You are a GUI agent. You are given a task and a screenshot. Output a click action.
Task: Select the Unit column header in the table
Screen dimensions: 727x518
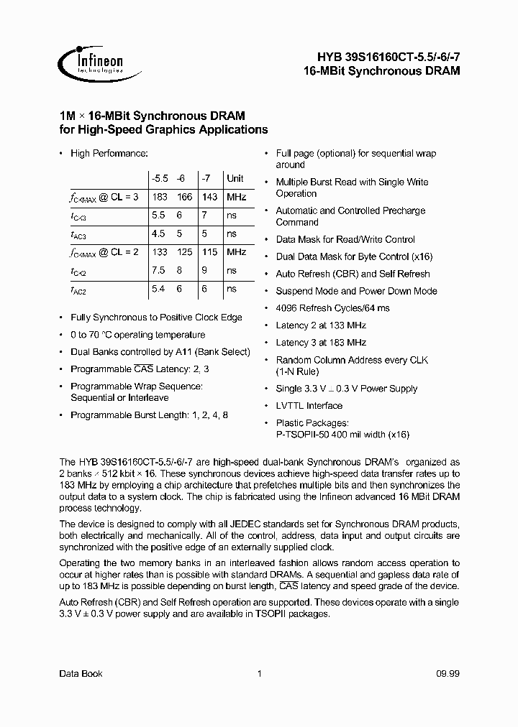pyautogui.click(x=235, y=179)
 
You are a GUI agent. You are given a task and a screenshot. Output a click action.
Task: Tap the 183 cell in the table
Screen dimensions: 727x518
pyautogui.click(x=159, y=197)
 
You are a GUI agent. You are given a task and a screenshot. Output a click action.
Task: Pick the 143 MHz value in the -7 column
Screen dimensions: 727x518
pyautogui.click(x=209, y=197)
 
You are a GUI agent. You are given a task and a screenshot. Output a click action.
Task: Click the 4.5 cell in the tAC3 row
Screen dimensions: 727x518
pyautogui.click(x=159, y=234)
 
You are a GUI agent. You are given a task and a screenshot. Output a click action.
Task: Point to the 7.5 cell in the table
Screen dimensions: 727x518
pyautogui.click(x=159, y=271)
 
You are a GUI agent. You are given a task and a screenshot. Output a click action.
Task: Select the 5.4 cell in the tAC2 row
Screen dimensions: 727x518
pyautogui.click(x=159, y=289)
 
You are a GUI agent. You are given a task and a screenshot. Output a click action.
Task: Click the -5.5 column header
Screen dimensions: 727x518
pyautogui.click(x=159, y=179)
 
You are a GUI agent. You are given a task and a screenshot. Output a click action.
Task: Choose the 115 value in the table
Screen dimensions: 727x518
pyautogui.click(x=209, y=252)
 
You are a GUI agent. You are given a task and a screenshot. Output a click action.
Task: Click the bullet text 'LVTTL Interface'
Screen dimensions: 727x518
pyautogui.click(x=309, y=406)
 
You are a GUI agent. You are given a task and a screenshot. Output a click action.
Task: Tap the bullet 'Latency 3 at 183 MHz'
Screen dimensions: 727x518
pyautogui.click(x=321, y=343)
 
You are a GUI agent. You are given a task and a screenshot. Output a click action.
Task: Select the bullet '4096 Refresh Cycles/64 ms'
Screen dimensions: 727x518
pyautogui.click(x=332, y=308)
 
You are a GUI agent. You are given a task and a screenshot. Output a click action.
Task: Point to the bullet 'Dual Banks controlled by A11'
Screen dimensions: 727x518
pyautogui.click(x=160, y=352)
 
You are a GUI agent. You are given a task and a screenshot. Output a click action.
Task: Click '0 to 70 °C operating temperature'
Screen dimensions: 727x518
pyautogui.click(x=137, y=335)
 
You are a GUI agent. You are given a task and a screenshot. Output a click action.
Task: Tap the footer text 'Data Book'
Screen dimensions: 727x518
pyautogui.click(x=81, y=673)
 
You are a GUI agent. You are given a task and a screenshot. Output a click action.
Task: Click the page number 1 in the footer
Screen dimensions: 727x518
pyautogui.click(x=259, y=673)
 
